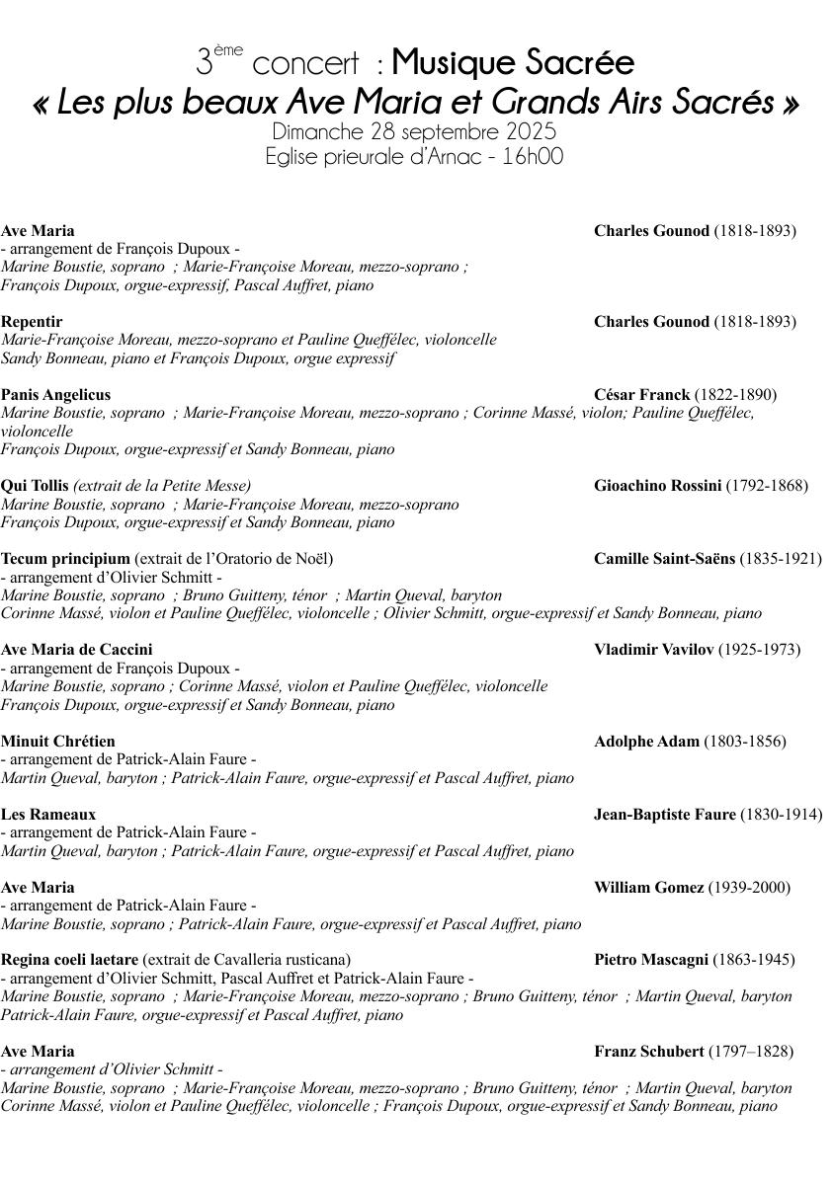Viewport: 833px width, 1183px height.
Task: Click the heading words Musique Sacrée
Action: point(513,63)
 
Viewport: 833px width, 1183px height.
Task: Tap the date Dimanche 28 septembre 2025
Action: point(414,131)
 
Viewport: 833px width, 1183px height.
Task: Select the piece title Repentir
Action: point(32,322)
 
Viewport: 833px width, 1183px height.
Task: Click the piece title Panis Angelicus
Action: point(55,395)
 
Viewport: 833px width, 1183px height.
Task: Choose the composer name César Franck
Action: point(642,395)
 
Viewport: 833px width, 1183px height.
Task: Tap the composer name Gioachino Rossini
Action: point(658,486)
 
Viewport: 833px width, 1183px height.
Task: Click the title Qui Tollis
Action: point(35,486)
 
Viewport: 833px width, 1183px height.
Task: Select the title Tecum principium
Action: point(65,559)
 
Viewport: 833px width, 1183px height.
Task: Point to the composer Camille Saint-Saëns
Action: point(664,559)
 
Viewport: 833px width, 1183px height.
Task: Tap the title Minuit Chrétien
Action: point(58,742)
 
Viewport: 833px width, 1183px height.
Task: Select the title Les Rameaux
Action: point(48,815)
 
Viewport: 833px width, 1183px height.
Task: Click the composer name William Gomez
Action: point(649,888)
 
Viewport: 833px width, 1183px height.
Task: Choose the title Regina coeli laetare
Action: point(69,960)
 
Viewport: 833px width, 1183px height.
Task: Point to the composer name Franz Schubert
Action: point(649,1052)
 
